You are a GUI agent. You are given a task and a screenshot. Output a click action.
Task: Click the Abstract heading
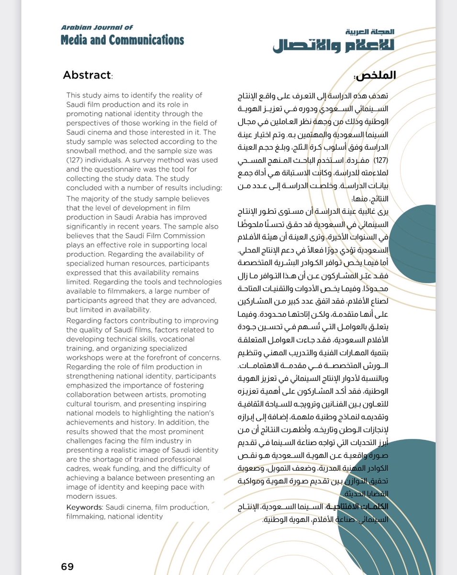pos(87,75)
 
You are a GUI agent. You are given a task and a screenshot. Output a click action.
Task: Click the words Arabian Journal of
pos(97,28)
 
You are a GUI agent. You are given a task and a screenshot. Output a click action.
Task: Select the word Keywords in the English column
pos(84,507)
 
